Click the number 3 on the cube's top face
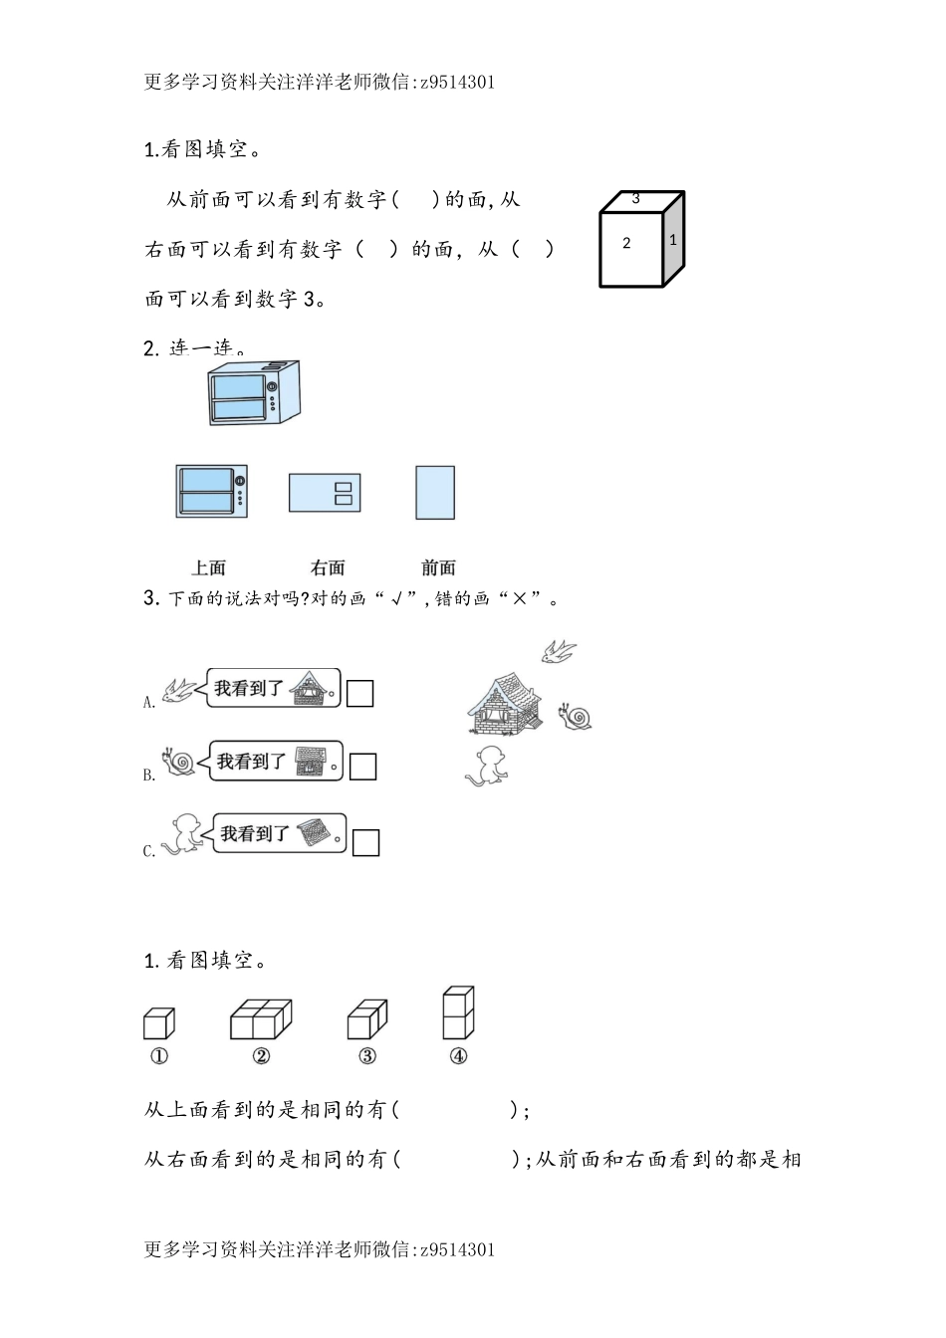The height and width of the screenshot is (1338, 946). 635,199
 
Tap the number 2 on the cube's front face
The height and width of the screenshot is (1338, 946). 626,243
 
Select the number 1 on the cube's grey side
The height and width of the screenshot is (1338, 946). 673,240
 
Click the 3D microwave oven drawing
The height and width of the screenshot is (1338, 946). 253,393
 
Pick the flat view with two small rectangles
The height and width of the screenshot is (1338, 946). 325,492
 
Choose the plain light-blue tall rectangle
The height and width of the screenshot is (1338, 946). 435,492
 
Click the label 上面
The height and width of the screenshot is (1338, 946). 209,567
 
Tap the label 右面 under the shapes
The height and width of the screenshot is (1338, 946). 328,567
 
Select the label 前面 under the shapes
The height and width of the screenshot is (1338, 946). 438,567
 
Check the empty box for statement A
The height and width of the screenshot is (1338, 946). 359,693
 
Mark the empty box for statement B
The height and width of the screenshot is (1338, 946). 362,767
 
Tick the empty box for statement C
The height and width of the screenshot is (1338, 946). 366,842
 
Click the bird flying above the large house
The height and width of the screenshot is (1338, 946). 559,651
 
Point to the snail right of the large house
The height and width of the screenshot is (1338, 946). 576,716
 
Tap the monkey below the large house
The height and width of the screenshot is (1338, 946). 488,765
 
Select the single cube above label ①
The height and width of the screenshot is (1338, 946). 158,1023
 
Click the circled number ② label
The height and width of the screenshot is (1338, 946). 261,1056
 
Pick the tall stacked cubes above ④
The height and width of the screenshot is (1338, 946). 458,1013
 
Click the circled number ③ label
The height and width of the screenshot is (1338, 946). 367,1056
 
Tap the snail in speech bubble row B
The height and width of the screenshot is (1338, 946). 180,762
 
